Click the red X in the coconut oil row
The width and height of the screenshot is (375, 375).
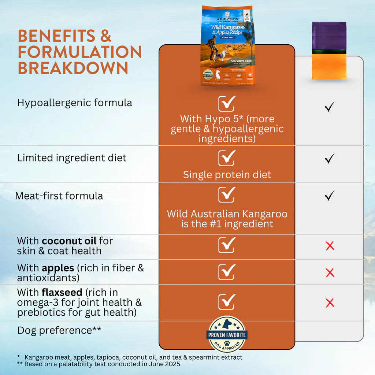point(330,246)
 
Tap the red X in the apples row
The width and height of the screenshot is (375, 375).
point(330,272)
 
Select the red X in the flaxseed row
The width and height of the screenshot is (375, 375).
point(330,303)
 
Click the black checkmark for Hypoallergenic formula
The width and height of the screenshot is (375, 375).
point(329,107)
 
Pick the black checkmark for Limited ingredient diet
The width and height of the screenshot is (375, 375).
point(329,158)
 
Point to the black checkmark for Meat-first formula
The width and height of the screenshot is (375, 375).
point(329,196)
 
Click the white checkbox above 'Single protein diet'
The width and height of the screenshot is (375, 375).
point(227,158)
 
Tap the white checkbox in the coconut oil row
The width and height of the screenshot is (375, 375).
point(227,245)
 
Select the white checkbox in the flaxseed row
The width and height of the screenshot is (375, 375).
point(227,302)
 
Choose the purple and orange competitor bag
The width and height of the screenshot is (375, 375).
point(329,51)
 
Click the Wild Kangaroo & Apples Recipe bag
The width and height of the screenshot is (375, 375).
point(227,46)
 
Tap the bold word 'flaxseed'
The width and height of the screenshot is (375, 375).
point(62,293)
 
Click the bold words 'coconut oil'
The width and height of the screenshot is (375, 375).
point(69,241)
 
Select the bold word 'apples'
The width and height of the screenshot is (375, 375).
point(58,268)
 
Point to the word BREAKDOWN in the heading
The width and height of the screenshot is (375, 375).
point(73,68)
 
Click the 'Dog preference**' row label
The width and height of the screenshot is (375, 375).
point(59,330)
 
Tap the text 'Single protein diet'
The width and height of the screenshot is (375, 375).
point(227,175)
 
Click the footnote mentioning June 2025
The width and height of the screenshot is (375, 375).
point(99,364)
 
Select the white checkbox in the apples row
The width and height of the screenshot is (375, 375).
point(227,272)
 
